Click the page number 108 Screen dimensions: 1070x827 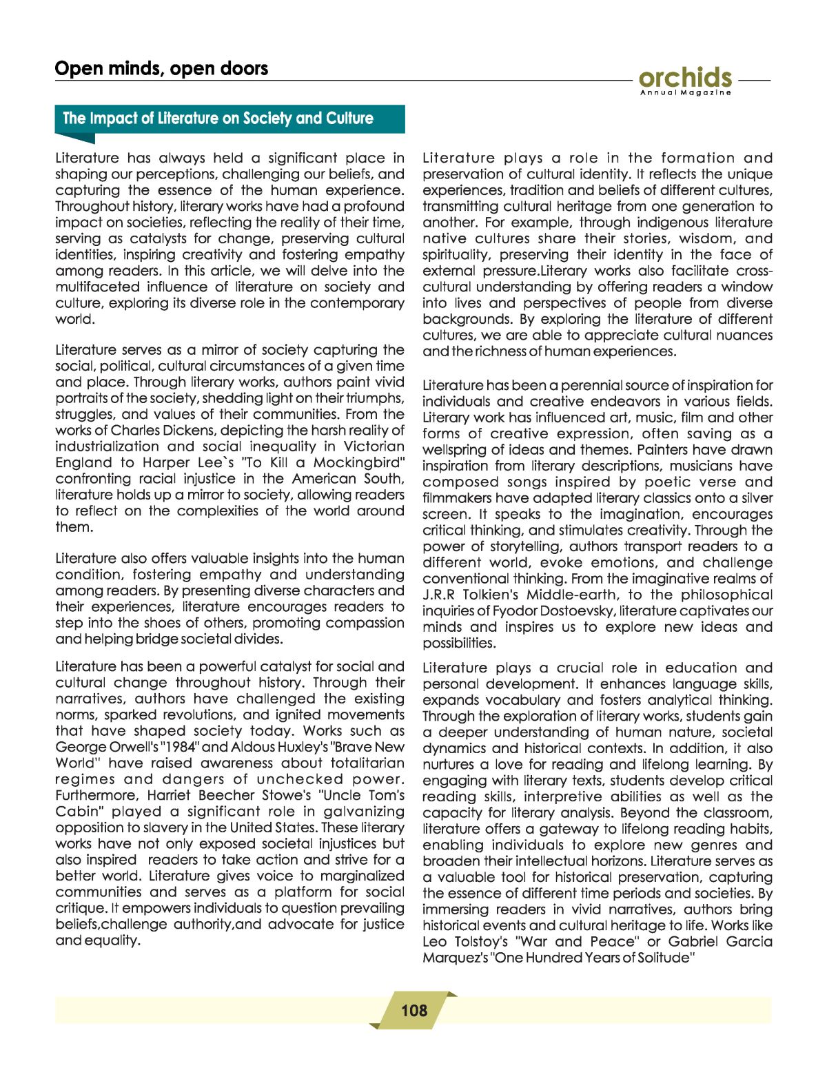414,1010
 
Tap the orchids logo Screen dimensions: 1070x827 685,77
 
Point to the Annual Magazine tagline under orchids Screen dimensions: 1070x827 685,92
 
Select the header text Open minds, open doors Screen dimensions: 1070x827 161,68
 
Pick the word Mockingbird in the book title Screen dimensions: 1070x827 359,462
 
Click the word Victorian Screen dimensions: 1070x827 374,446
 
